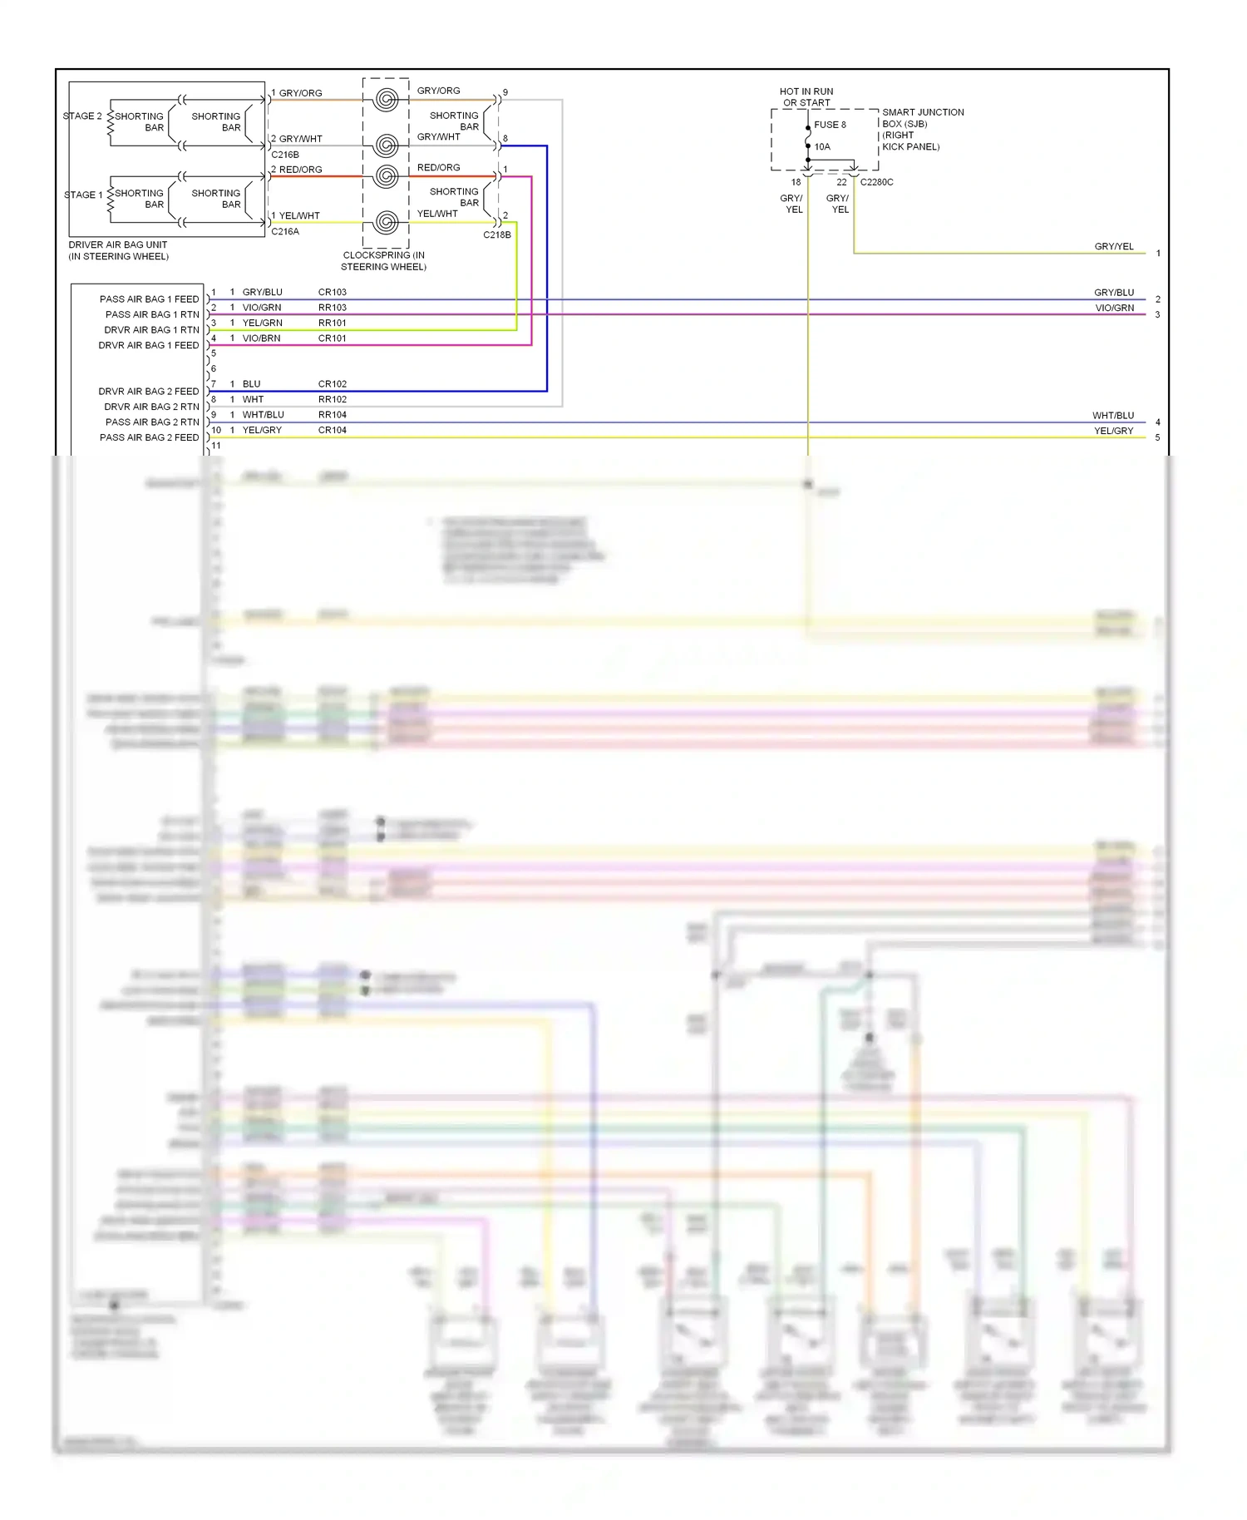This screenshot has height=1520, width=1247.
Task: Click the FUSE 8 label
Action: coord(829,125)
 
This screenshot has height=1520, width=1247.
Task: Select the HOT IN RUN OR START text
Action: coord(806,97)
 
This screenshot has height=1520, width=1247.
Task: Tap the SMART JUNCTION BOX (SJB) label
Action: coord(922,129)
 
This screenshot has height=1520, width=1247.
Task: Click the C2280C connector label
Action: coord(876,182)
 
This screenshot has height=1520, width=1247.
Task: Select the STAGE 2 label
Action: coord(82,116)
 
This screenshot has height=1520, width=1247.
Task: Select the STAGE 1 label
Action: coord(83,195)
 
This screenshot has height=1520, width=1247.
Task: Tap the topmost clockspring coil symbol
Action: coord(386,100)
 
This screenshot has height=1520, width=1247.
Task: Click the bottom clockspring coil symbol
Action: coord(386,222)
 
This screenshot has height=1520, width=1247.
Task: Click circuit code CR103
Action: coord(332,293)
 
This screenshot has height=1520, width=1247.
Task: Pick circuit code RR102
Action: coord(332,400)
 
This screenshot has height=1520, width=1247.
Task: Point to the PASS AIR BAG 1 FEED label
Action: coord(149,299)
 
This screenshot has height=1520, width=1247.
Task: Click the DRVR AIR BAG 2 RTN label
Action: coord(151,407)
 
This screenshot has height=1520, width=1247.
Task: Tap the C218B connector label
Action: coord(496,235)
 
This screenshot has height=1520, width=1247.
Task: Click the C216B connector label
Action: coord(284,155)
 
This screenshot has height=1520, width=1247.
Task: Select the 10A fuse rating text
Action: coord(821,147)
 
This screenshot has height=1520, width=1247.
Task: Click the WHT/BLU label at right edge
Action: coord(1112,416)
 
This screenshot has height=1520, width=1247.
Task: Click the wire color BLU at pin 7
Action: coord(251,384)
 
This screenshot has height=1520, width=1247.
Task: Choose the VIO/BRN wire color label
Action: coord(261,338)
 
